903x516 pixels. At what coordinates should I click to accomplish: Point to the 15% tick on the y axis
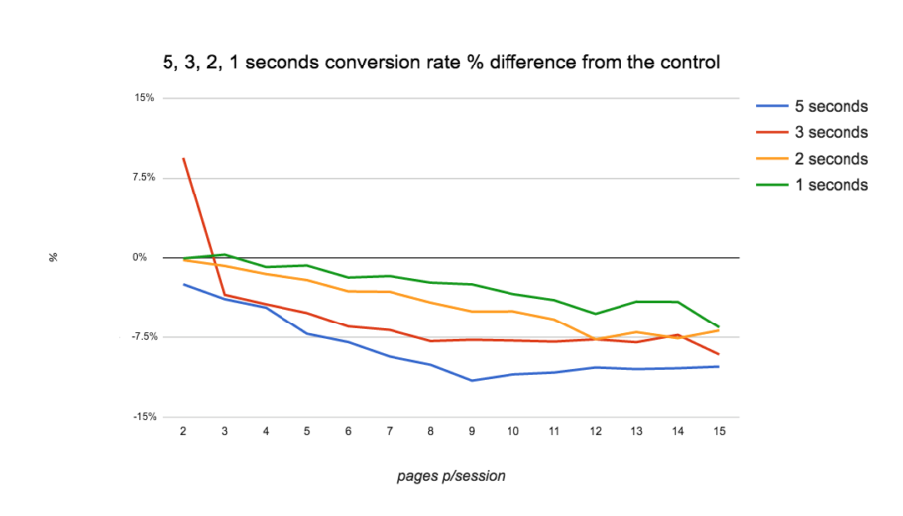click(144, 98)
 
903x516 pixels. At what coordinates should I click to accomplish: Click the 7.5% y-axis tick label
click(142, 178)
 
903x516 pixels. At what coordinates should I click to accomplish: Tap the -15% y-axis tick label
click(143, 418)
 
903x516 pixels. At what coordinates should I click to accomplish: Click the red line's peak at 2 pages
click(183, 159)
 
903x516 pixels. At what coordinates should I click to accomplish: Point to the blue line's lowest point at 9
click(472, 380)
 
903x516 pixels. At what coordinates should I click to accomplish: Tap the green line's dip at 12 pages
click(595, 314)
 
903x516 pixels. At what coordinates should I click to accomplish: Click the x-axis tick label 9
click(472, 432)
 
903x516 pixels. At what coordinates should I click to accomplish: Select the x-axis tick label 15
click(719, 432)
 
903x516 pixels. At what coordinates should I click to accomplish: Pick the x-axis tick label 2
click(183, 432)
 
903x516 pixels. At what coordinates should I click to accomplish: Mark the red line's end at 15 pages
click(719, 354)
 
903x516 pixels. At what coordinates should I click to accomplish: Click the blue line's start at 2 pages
click(183, 284)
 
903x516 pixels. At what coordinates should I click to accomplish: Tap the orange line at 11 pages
click(554, 320)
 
